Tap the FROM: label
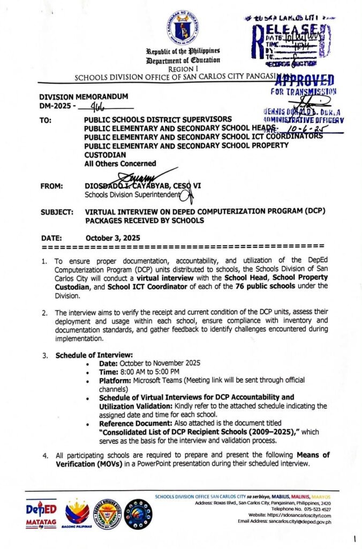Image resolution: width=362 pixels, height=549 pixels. coord(52,186)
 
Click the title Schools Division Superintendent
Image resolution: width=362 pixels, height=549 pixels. coord(127,195)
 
